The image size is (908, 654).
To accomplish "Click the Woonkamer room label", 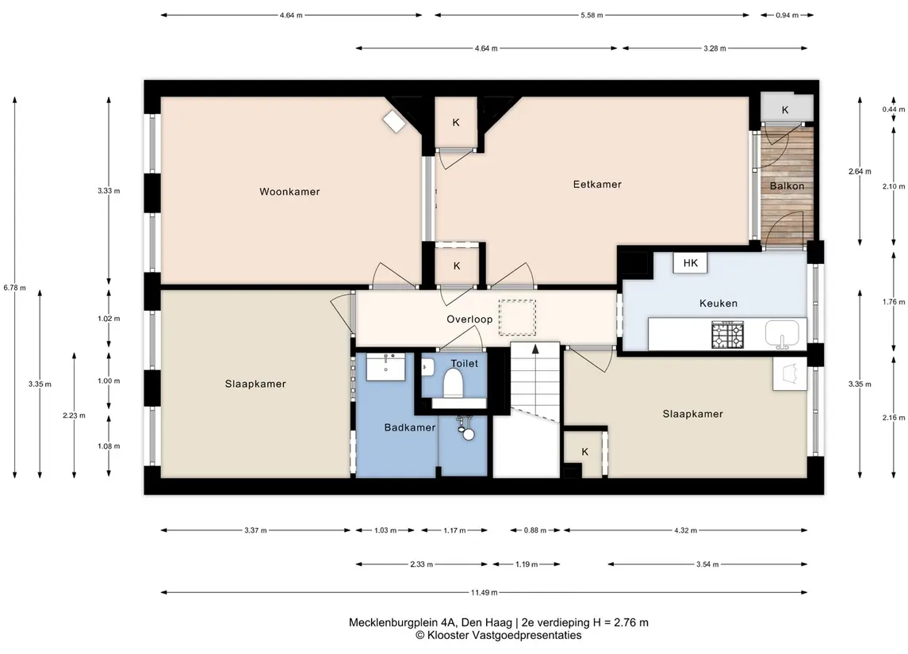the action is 289,192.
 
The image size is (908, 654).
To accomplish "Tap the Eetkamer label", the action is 597,184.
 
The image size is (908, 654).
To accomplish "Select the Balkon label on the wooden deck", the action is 787,185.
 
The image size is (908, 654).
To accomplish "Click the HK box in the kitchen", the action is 690,262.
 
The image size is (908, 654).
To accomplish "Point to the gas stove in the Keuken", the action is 727,335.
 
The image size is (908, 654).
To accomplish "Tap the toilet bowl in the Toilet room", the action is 453,384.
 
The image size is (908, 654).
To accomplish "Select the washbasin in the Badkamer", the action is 386,366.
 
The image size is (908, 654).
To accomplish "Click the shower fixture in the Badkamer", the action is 465,428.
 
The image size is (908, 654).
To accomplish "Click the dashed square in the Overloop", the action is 517,318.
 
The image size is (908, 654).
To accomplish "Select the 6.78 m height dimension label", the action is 14,288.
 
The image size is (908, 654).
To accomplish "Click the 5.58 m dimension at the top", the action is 592,15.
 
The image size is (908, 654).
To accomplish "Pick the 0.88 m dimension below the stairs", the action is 534,530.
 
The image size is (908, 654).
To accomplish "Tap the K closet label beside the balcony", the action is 785,110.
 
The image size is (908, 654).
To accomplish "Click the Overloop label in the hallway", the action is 469,319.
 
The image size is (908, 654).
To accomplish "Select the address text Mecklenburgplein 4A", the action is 400,623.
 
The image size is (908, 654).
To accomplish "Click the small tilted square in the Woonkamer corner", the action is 394,121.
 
